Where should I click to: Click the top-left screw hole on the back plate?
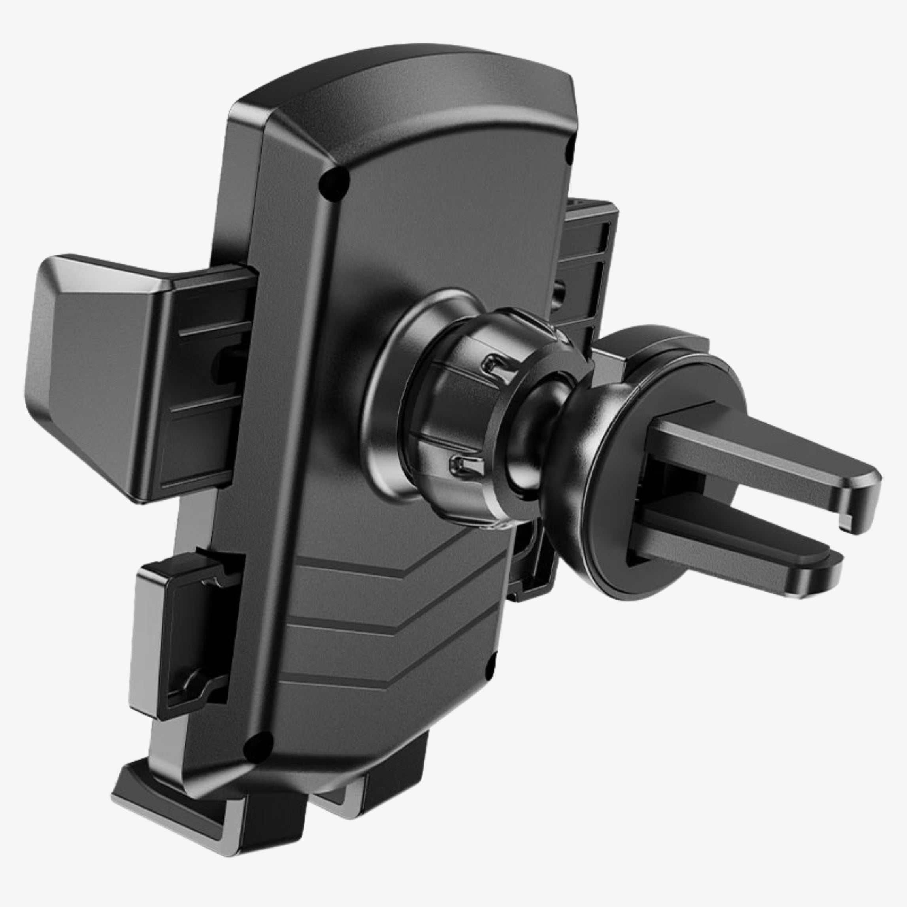[x=334, y=183]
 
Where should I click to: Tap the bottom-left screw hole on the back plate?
[x=258, y=747]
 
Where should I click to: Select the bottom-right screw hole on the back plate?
[x=490, y=667]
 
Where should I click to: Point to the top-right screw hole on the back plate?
[x=571, y=147]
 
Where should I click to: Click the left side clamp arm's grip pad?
[x=89, y=366]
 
